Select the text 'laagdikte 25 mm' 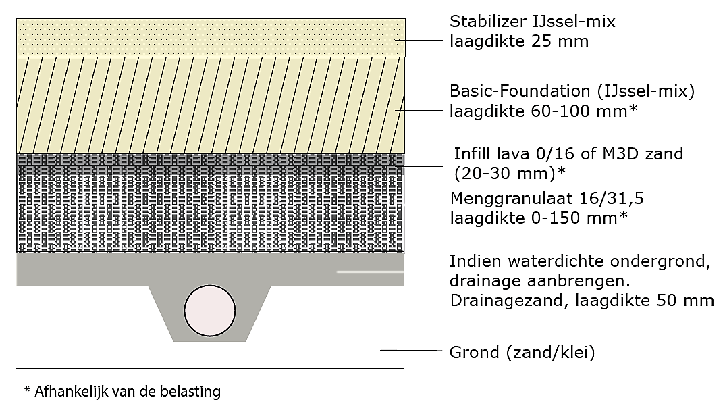pos(519,41)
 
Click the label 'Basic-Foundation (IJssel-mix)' pos(572,91)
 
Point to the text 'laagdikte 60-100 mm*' pos(543,111)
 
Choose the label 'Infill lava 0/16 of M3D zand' pos(568,154)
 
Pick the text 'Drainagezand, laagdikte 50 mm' pos(582,300)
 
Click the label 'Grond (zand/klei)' pos(522,352)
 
